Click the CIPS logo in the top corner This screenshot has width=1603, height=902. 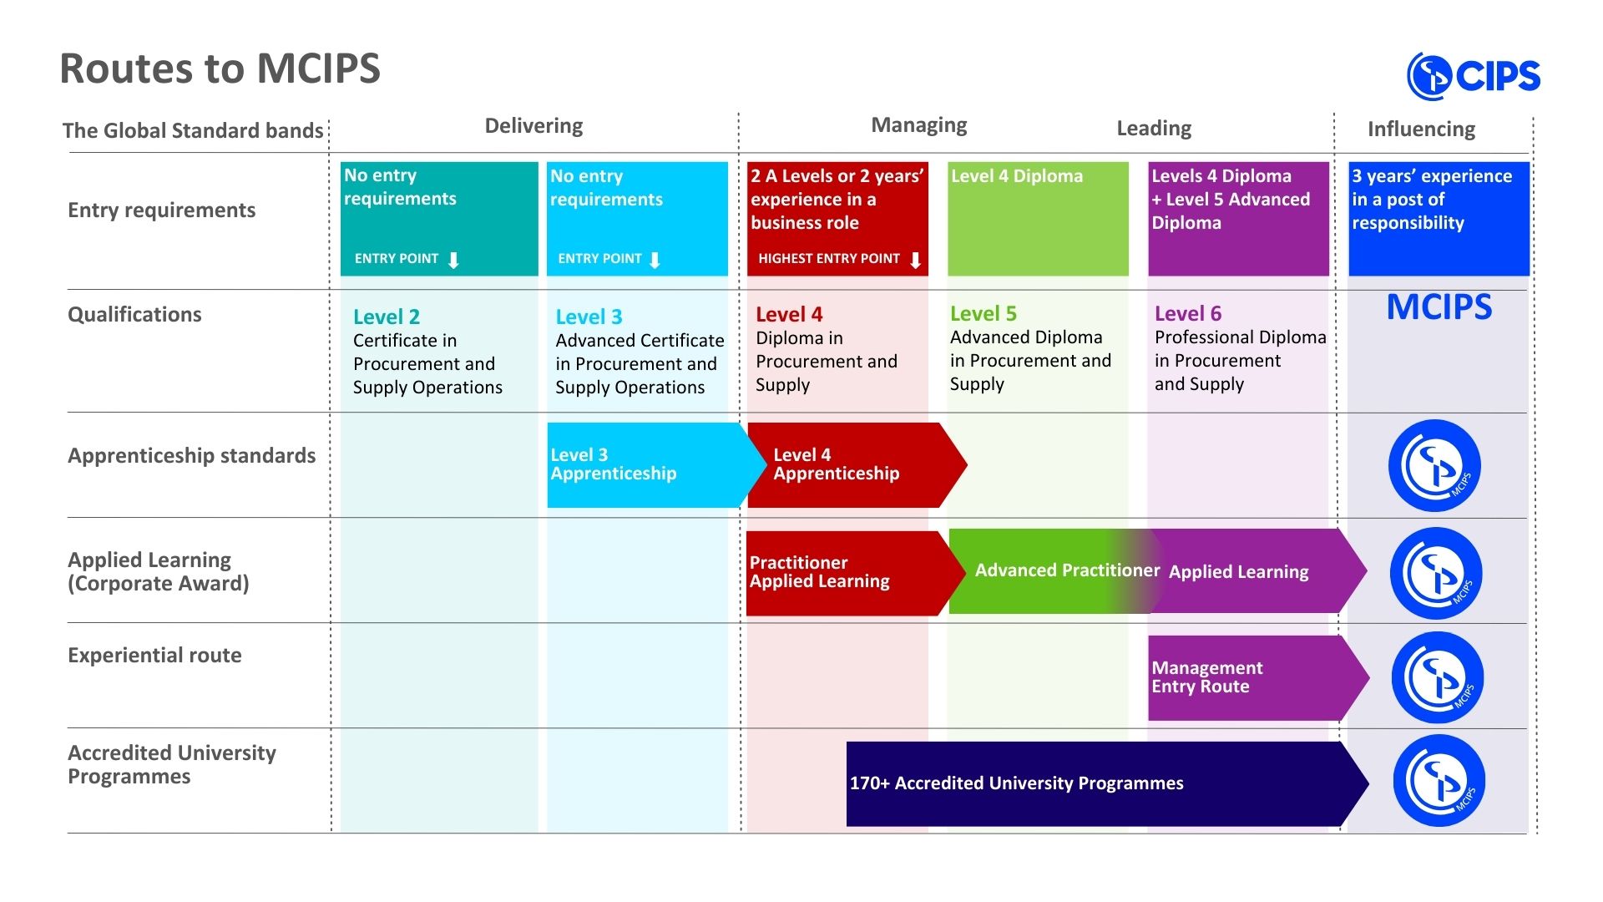tap(1474, 76)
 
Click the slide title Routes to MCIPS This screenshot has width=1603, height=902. tap(220, 68)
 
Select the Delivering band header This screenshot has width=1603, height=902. tap(533, 126)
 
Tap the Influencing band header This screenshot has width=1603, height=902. tap(1421, 129)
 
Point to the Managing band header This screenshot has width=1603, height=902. tap(918, 125)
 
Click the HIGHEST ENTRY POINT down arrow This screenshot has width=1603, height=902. tap(915, 260)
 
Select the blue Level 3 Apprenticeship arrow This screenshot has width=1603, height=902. tap(656, 465)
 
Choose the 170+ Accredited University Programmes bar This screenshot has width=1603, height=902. tap(1107, 783)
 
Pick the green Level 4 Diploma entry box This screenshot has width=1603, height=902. tap(1038, 219)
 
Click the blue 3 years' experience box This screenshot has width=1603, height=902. tap(1439, 219)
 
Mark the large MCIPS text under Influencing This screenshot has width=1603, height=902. tap(1439, 307)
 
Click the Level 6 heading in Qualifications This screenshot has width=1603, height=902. tap(1187, 314)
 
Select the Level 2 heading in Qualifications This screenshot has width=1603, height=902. tap(386, 317)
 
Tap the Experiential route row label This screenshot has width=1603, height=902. tap(154, 656)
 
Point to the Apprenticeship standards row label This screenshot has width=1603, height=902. tap(191, 456)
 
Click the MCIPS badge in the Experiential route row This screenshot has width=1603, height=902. tap(1437, 677)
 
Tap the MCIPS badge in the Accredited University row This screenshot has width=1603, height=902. tap(1439, 781)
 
